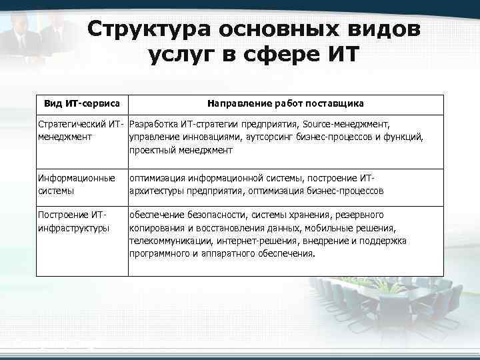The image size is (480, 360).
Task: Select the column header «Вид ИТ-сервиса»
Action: click(x=82, y=104)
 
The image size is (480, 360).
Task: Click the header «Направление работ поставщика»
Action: click(x=285, y=104)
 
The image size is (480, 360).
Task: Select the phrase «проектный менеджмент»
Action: click(x=181, y=150)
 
